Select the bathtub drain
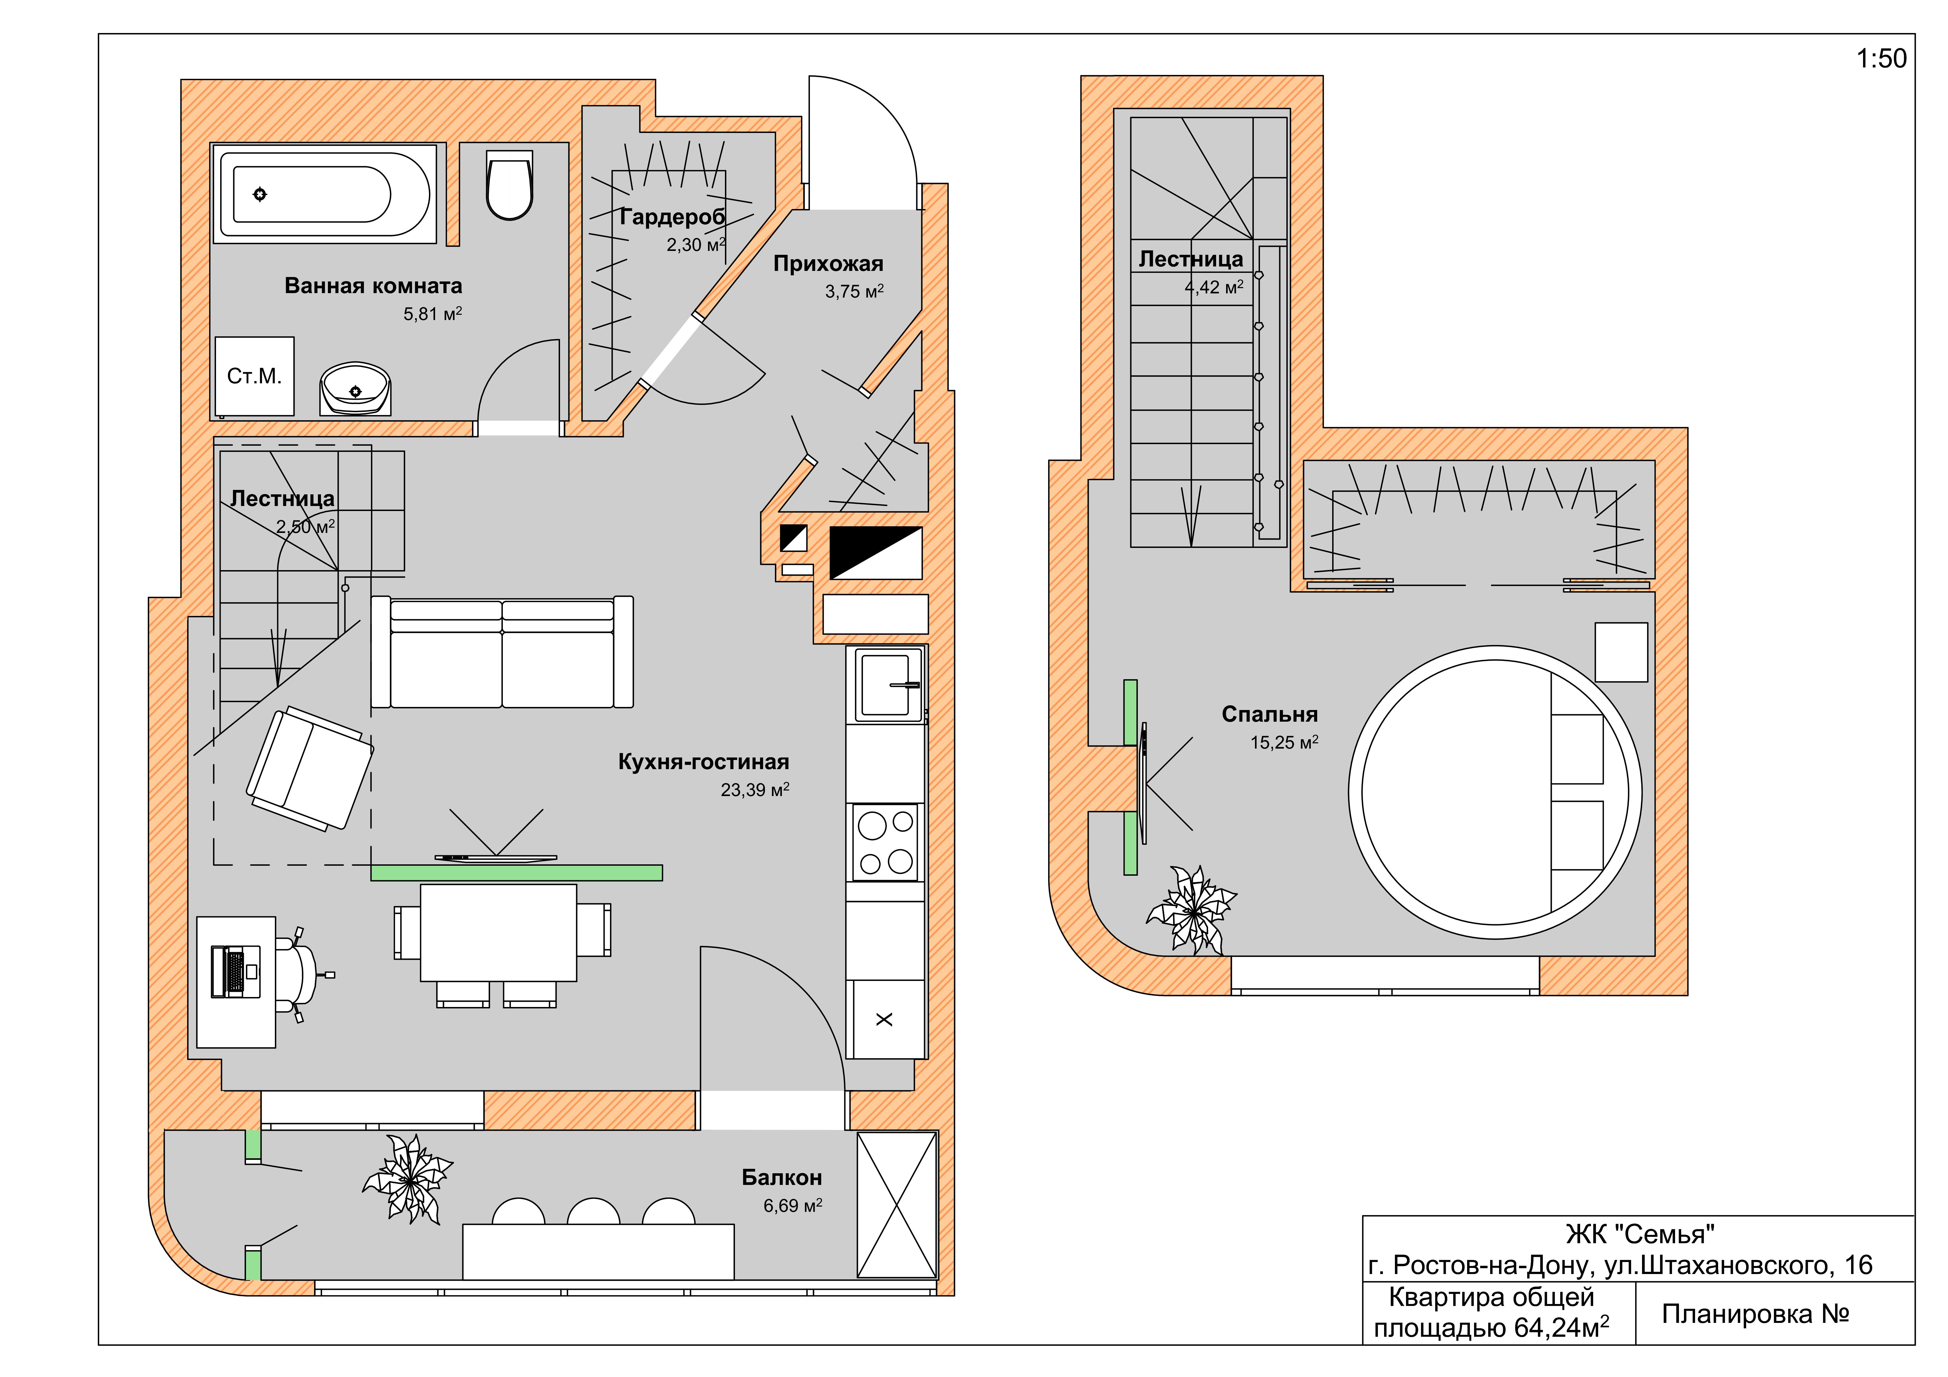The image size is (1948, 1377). [x=260, y=194]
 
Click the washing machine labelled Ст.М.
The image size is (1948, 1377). [x=255, y=376]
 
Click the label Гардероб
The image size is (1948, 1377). [x=672, y=217]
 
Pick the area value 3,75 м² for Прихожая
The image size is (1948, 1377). [x=854, y=291]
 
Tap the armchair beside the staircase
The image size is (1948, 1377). [x=310, y=769]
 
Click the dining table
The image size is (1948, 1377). [x=499, y=932]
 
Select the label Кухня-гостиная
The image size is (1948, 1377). [x=703, y=762]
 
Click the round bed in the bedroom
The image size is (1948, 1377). [x=1495, y=793]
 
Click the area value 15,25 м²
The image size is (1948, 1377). [x=1284, y=742]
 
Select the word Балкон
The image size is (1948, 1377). [x=781, y=1178]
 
